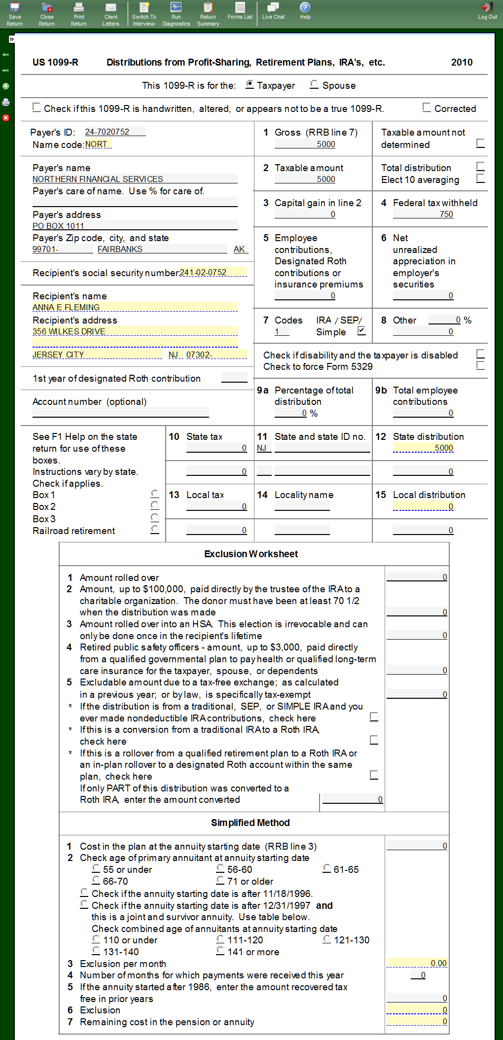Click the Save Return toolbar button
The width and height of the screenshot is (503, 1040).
coord(15,13)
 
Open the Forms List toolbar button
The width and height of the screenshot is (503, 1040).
coord(240,11)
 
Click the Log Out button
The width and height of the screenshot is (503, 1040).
coord(487,11)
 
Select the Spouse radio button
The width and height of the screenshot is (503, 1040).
coord(314,84)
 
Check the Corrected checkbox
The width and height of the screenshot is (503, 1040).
coord(427,108)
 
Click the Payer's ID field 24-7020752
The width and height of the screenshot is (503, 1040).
coord(114,132)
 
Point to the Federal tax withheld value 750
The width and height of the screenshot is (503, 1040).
coord(424,214)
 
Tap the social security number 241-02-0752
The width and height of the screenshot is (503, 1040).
coord(213,272)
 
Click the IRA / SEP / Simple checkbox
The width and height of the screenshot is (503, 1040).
coord(361,331)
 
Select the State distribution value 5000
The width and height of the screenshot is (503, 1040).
coord(424,448)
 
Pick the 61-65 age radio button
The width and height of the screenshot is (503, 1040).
coord(327,868)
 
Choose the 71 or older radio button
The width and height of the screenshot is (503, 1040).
coord(220,880)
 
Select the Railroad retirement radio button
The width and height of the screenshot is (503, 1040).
coord(155,530)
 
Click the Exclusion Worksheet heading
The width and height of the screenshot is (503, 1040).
coord(251,554)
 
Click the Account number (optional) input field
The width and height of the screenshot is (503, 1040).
coord(120,413)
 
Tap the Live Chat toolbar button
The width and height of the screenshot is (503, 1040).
coord(273,11)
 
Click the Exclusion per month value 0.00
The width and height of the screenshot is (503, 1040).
coord(417,963)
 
